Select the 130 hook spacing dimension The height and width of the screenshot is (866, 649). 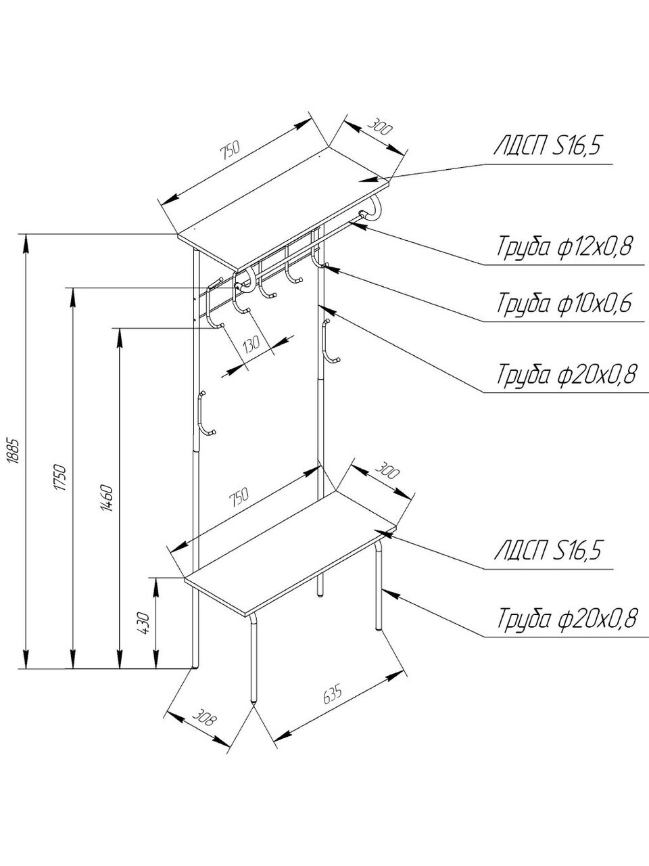click(251, 344)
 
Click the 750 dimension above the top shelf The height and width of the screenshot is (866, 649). click(230, 152)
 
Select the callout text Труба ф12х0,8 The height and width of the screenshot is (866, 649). click(564, 246)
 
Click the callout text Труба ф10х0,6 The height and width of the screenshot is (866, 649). click(564, 303)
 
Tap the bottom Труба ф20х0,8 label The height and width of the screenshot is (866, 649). click(567, 618)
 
